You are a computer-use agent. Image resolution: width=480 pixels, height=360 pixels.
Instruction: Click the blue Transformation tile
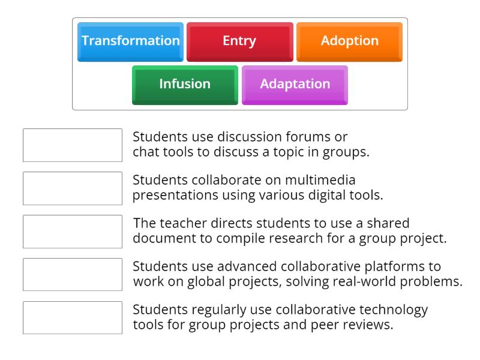(x=130, y=41)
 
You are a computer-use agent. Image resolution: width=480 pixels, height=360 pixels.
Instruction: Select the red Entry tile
(x=239, y=41)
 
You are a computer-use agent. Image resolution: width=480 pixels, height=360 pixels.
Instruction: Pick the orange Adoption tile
(x=349, y=41)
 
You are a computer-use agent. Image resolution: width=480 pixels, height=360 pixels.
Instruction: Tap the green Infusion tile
(x=185, y=84)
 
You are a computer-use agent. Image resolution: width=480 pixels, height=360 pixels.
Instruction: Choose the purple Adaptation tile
(x=295, y=84)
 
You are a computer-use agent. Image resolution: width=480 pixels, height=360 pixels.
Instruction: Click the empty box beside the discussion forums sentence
(x=73, y=145)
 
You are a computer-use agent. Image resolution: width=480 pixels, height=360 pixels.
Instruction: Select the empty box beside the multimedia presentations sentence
(x=73, y=188)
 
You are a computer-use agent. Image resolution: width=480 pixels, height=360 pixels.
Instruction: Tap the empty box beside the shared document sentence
(x=73, y=232)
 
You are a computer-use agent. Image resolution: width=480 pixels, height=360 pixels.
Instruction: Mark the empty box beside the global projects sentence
(x=73, y=275)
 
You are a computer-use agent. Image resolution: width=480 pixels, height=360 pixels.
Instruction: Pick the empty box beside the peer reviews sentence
(x=73, y=318)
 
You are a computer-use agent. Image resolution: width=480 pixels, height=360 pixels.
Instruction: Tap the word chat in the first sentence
(x=145, y=152)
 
